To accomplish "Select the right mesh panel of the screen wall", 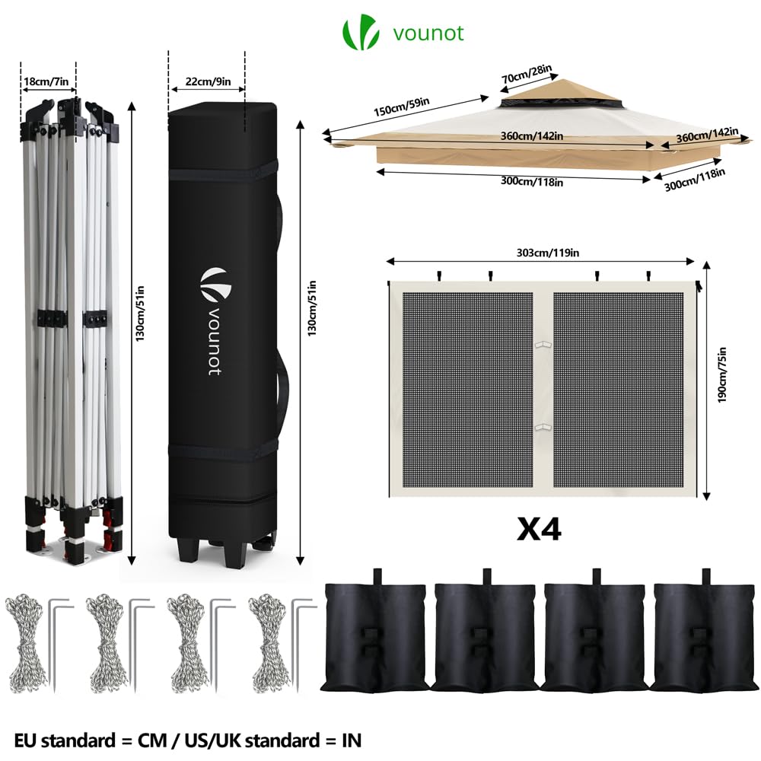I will [621, 388].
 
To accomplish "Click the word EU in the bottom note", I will [27, 739].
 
